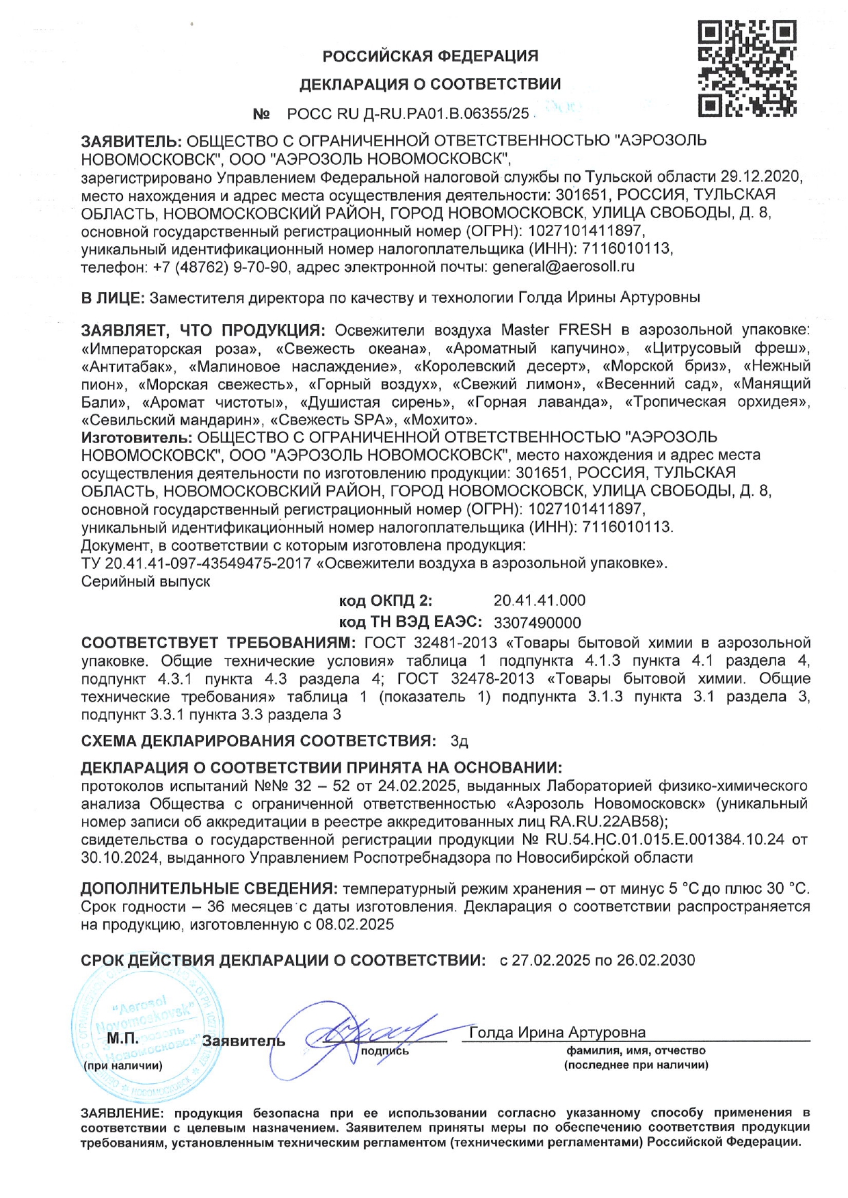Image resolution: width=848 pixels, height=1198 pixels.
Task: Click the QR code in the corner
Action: coord(747,68)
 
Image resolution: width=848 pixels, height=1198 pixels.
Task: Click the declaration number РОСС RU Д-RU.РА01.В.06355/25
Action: coord(408,114)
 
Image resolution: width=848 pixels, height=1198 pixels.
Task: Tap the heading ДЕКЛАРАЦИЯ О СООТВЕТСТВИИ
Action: coord(430,84)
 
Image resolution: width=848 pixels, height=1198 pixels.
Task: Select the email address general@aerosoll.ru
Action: coord(564,267)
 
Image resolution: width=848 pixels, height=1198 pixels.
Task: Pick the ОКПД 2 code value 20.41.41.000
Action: coord(539,600)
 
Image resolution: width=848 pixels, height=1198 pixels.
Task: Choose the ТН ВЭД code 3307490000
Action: coord(537,622)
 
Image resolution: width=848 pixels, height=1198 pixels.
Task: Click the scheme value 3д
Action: coord(459,741)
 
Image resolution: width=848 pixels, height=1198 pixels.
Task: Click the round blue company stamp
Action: coord(147,1033)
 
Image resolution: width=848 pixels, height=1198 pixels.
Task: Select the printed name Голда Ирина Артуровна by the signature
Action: coord(557,1032)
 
